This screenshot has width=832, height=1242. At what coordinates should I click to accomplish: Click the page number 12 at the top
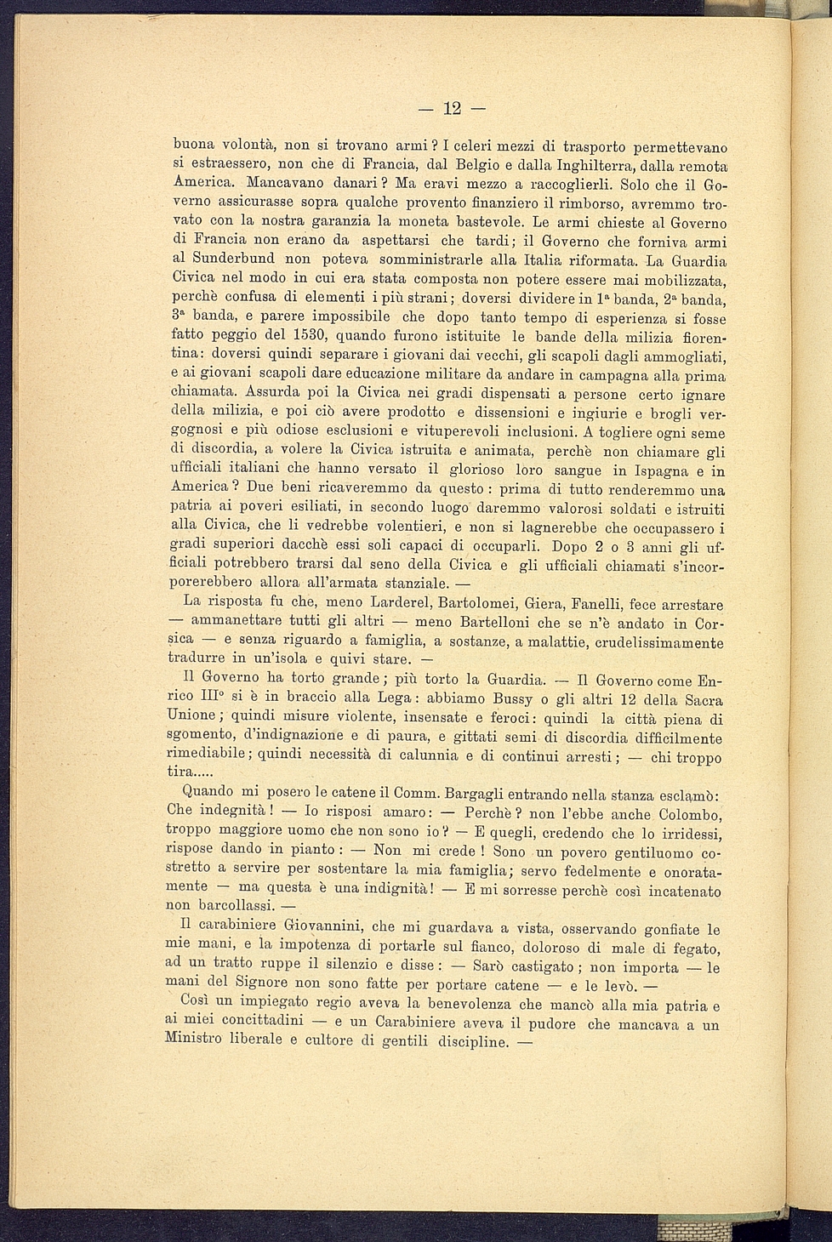[x=452, y=108]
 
